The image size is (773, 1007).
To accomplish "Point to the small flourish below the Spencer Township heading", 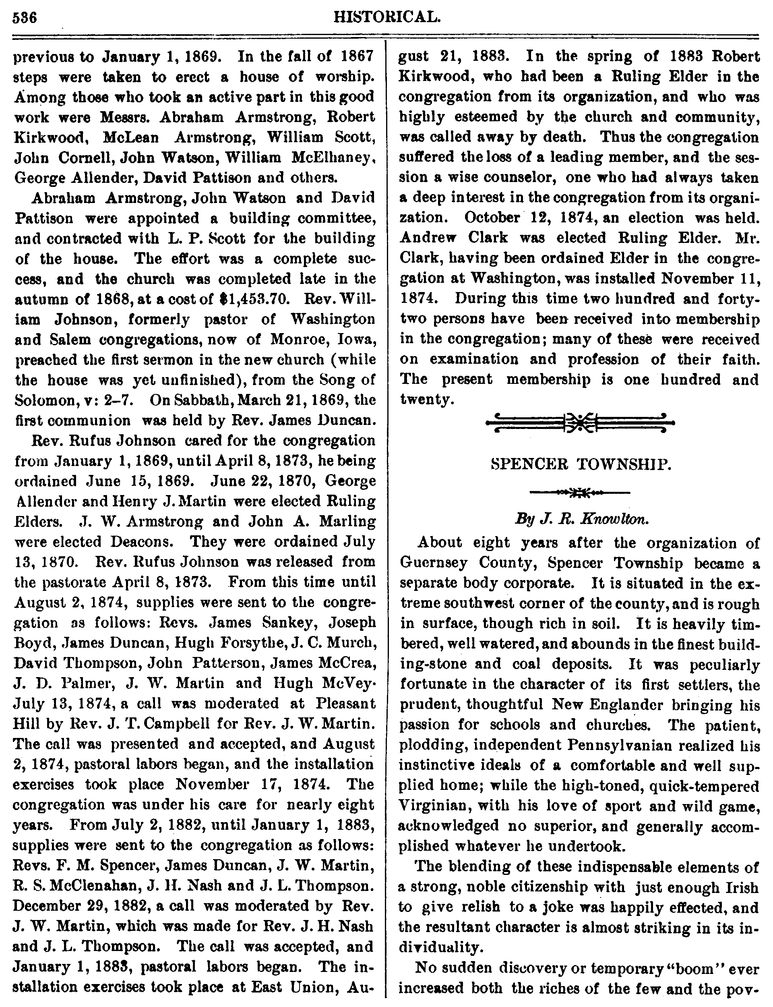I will (580, 493).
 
